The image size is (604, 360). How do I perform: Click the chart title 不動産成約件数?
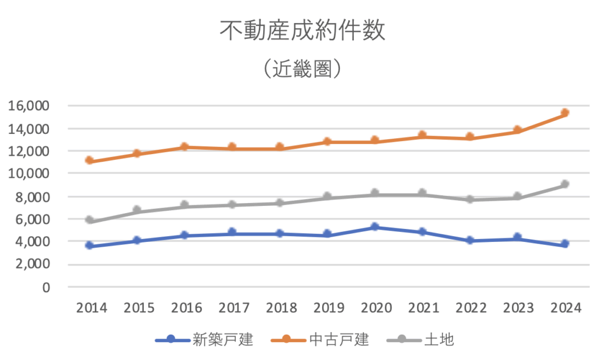302,31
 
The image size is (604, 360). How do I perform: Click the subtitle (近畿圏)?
302,69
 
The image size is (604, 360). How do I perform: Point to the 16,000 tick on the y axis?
28,106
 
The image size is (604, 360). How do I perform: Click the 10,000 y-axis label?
28,174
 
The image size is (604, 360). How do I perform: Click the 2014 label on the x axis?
91,308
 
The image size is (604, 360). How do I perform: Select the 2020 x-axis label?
376,308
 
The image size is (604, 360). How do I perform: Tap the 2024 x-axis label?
565,308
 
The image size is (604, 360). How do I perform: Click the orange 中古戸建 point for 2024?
565,112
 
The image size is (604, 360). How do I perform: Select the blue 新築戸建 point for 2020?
375,227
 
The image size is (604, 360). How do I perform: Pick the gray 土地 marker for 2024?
565,184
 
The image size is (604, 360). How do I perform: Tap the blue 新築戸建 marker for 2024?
565,244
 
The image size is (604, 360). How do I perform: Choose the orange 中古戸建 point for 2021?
422,136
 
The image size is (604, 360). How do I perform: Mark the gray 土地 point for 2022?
470,199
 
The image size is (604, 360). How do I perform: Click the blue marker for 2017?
232,233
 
